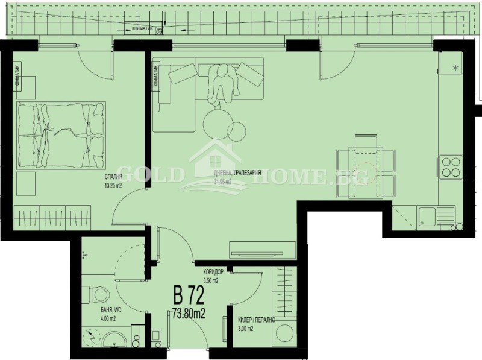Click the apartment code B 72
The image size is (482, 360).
point(189,295)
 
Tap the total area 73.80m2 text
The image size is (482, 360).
point(189,313)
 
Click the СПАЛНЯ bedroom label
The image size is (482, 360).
point(113,177)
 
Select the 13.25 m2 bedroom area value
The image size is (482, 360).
point(113,186)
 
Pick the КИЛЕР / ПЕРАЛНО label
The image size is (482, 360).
point(254,320)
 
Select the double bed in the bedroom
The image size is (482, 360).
point(61,136)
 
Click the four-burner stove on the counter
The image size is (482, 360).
point(452,166)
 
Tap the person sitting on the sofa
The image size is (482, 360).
point(222,83)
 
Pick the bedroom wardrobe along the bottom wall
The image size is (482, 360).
point(52,215)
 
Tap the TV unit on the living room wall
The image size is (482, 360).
point(262,250)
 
